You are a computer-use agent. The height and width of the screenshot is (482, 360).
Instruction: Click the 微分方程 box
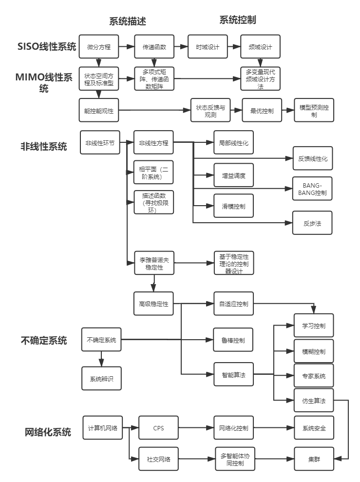99,47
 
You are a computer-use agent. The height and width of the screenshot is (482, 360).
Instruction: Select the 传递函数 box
154,47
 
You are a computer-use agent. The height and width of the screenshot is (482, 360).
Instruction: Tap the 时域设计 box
208,47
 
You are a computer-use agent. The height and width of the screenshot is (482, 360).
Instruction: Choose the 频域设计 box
261,47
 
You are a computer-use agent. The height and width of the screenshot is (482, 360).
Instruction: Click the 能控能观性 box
99,111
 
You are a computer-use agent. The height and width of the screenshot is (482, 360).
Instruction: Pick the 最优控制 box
262,111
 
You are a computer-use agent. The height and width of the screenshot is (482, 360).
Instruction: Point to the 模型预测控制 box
314,111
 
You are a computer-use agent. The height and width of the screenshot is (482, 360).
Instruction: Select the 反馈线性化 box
313,159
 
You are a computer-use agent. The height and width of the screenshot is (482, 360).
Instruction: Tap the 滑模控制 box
233,207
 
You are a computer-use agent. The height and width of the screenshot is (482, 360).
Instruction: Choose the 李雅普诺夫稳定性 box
154,264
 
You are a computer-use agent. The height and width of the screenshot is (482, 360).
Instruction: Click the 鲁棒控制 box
233,340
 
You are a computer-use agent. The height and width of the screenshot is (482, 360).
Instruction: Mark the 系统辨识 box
101,379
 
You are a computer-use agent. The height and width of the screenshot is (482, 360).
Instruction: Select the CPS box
159,428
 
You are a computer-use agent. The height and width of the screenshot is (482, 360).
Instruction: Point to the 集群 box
314,459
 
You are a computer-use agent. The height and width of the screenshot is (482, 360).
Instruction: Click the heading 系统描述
127,21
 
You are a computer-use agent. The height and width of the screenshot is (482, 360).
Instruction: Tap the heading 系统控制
238,20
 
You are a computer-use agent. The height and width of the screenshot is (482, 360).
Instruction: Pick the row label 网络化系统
48,432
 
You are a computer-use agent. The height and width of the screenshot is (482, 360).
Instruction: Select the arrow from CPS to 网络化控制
196,428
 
